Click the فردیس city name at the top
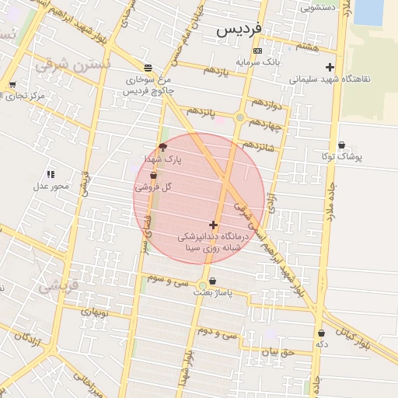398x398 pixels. coord(240,30)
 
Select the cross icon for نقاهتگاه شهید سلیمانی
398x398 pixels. coord(330,68)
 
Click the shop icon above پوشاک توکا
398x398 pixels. coord(342,145)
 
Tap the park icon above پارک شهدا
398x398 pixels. coord(162,147)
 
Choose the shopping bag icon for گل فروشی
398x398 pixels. coord(154,176)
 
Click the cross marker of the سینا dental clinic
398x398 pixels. coord(214,225)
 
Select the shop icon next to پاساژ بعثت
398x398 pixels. coord(213,281)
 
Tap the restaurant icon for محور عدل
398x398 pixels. coord(51,174)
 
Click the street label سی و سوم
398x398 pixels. coord(169,278)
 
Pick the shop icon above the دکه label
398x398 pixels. coord(321,333)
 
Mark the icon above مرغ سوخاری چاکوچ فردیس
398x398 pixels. coord(148,68)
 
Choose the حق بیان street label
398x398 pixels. coord(274,351)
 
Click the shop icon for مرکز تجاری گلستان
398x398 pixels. coord(12,86)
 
